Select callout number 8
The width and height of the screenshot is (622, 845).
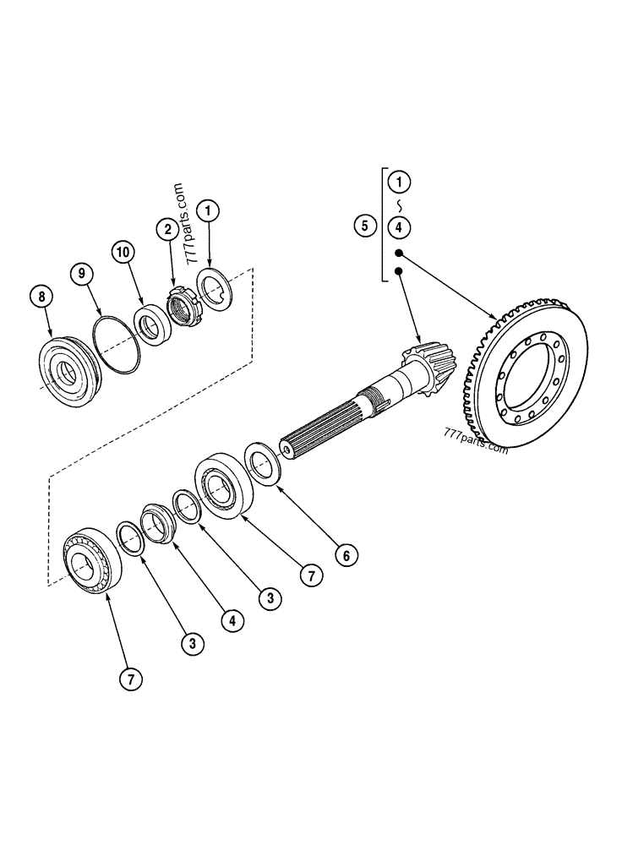(40, 296)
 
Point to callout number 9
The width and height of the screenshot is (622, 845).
(82, 272)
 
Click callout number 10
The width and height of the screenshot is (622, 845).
(123, 252)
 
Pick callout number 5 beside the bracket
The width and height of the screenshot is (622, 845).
(364, 226)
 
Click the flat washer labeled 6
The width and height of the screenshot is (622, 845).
(264, 463)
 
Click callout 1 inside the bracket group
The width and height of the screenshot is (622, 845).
(401, 181)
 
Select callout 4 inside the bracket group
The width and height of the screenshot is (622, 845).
(401, 226)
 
